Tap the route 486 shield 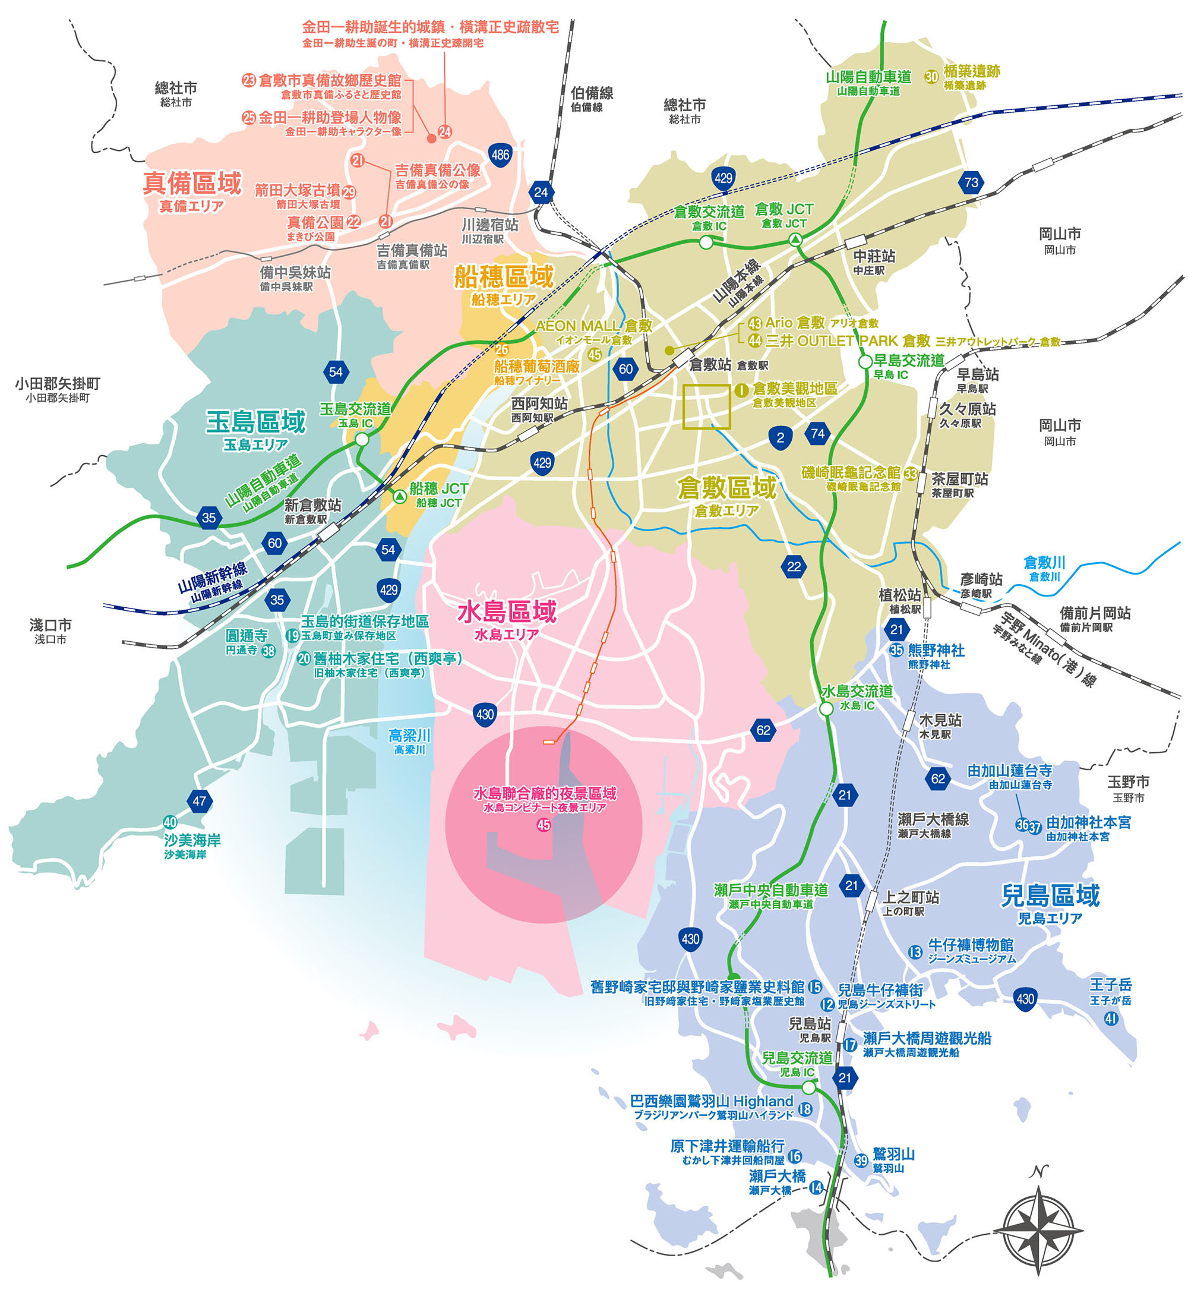coord(500,155)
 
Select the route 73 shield coord(971,182)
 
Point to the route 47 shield coord(199,801)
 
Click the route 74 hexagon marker coord(817,434)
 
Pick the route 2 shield coord(780,438)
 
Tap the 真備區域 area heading coord(192,183)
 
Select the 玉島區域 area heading coord(256,422)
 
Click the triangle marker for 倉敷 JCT coord(795,239)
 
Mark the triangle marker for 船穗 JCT coord(399,496)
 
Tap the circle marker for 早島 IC coord(865,362)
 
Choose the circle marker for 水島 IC coord(826,709)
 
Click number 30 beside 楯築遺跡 coord(931,77)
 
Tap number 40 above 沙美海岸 coord(170,822)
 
